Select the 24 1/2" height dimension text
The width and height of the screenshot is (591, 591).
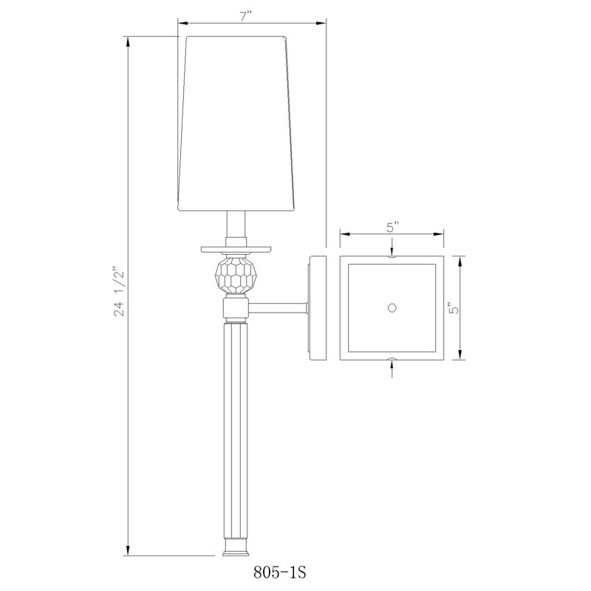tap(118, 293)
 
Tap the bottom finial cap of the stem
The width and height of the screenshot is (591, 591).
tap(236, 547)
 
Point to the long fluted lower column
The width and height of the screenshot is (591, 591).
tap(236, 428)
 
